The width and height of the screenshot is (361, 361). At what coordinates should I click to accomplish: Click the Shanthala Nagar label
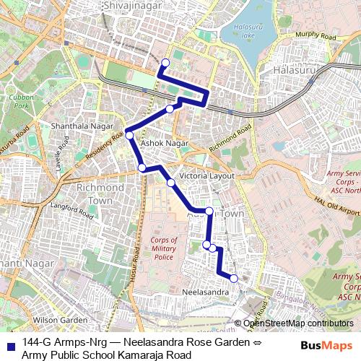(x=82, y=126)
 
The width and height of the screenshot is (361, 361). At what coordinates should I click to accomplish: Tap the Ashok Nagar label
(x=164, y=144)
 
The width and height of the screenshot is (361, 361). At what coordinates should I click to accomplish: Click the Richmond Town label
(x=95, y=193)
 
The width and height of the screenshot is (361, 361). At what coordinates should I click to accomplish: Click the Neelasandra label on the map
(x=205, y=292)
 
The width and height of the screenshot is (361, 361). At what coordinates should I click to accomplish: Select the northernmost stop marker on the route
(x=165, y=62)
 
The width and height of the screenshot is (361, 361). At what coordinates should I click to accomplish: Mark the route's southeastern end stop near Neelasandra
(x=233, y=278)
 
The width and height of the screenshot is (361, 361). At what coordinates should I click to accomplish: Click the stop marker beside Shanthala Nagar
(x=130, y=135)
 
